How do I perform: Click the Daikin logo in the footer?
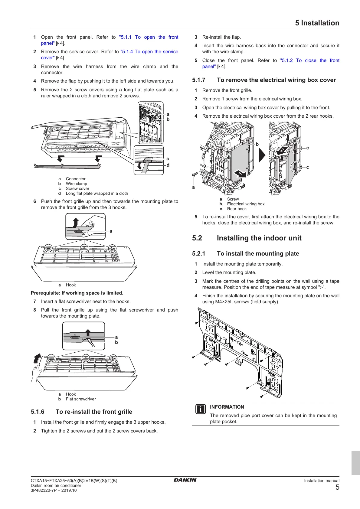coord(185,480)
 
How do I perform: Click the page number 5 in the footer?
coord(337,487)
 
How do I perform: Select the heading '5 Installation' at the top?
coord(317,23)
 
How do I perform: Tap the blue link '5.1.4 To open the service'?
coord(149,52)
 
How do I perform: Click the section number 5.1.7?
coord(199,80)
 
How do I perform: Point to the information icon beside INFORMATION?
coord(200,409)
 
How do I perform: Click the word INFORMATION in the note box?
coord(227,407)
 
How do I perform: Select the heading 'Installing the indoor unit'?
coord(259,238)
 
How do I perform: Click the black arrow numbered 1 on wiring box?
coord(241,174)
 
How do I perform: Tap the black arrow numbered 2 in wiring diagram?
coord(282,150)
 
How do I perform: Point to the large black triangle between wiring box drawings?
coord(262,155)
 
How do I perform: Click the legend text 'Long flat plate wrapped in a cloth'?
coord(97,194)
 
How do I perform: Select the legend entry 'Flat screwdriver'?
coord(81,399)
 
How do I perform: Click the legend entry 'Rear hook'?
coord(237,209)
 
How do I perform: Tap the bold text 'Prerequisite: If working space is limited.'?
coord(77,293)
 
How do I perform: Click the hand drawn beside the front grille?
coord(36,374)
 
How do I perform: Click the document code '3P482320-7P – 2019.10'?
coord(54,490)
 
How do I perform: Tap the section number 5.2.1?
coord(199,254)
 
